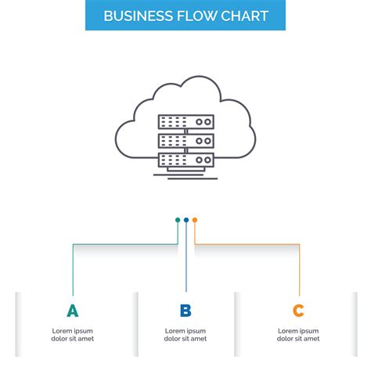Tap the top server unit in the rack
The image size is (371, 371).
[x=185, y=122]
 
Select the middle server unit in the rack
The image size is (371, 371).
[x=185, y=141]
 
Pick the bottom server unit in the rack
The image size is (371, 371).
[x=185, y=159]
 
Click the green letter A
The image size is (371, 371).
[x=73, y=311]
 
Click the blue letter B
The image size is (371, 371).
[x=185, y=311]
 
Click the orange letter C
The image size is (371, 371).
[x=298, y=311]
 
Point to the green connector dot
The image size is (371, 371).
[x=178, y=220]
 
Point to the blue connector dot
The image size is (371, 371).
[x=186, y=220]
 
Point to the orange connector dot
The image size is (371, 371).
[x=195, y=220]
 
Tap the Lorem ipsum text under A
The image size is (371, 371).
[x=73, y=335]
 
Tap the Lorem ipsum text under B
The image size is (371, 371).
[x=185, y=335]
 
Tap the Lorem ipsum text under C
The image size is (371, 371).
[x=298, y=335]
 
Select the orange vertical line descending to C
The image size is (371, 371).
[x=300, y=270]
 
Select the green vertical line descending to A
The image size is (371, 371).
[x=73, y=270]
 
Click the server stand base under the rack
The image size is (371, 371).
[x=185, y=174]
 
